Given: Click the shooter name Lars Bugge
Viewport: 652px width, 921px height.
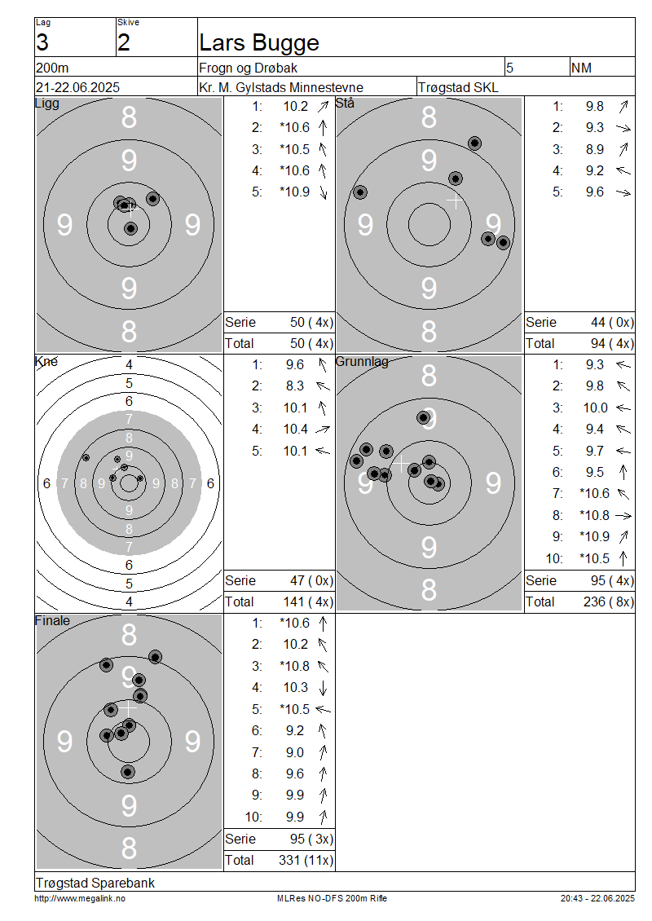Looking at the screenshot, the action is click(x=259, y=43).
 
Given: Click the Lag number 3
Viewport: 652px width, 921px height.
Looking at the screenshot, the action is click(x=42, y=43).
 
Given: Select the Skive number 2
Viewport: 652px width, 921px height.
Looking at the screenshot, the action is click(x=123, y=43).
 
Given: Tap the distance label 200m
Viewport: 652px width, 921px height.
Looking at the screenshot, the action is click(x=52, y=68).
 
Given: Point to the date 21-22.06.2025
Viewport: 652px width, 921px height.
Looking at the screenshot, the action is click(x=77, y=87).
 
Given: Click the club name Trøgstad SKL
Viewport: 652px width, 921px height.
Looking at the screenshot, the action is click(x=458, y=87).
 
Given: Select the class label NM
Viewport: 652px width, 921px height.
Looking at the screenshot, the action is click(x=581, y=68).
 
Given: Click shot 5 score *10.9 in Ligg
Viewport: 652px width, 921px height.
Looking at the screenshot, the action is click(x=295, y=192).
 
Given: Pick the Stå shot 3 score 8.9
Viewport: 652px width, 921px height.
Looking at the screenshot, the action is click(x=594, y=149).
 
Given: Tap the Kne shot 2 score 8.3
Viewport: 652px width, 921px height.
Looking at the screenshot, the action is click(x=295, y=386).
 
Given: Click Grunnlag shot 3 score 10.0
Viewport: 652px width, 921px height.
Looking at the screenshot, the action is click(x=595, y=408).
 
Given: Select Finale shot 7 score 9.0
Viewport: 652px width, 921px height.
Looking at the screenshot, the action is click(x=295, y=752).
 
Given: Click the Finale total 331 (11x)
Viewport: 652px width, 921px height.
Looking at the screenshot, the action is click(x=306, y=861).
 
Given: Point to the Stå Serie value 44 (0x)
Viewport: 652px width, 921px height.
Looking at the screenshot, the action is click(x=612, y=323).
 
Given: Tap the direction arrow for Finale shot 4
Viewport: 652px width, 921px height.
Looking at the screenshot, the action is click(x=323, y=688).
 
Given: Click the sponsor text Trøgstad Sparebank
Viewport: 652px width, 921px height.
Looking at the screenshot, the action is click(x=95, y=883).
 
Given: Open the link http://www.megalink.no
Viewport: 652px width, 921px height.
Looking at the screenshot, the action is click(x=80, y=898).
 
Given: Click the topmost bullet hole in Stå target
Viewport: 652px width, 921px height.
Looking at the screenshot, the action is click(x=474, y=143).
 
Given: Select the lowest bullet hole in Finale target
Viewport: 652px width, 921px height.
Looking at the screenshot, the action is click(x=128, y=772).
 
